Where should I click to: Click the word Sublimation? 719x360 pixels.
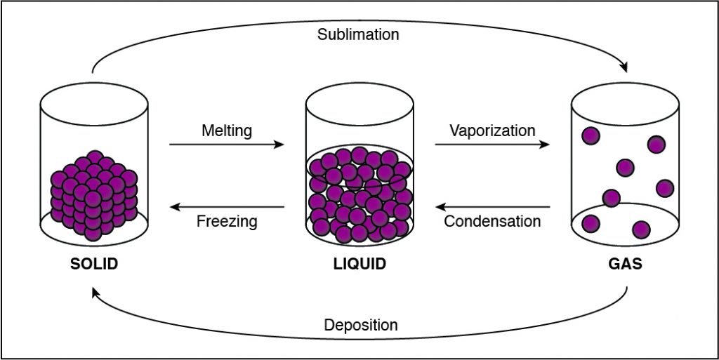[358, 34]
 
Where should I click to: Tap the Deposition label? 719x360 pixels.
[361, 325]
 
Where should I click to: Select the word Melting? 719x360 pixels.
[227, 131]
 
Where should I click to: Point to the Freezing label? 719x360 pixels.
[227, 222]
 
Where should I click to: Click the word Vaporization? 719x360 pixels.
[492, 131]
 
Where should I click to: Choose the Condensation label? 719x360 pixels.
[492, 221]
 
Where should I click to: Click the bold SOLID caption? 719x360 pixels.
[94, 265]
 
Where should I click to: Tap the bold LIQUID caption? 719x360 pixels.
[359, 265]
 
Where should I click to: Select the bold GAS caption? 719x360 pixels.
[625, 265]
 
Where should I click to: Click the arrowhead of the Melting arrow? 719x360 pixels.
[279, 145]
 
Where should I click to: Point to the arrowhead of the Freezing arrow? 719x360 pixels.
[175, 207]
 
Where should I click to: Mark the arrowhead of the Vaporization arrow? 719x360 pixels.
[544, 145]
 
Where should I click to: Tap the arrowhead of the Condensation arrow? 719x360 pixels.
[441, 207]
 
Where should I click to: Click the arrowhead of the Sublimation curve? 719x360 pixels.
[624, 67]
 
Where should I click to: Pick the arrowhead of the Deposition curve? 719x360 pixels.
[95, 293]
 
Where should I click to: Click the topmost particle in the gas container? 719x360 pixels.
[591, 135]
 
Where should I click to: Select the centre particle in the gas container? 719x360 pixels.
[626, 168]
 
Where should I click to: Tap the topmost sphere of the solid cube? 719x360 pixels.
[95, 157]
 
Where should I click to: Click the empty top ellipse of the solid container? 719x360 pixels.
[94, 104]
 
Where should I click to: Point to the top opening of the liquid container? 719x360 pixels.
[359, 104]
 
